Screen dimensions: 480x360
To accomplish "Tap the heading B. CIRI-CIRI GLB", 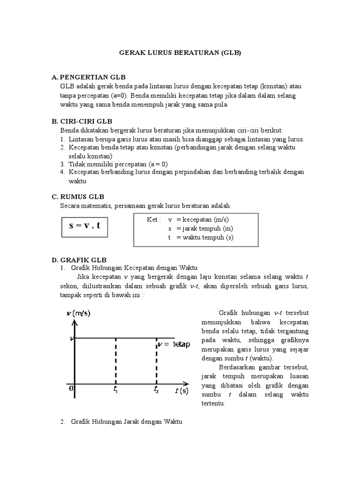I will coord(86,121).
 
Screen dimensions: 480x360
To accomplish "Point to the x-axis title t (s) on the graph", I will coord(182,390).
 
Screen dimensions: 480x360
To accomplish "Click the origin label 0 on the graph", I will coord(71,389).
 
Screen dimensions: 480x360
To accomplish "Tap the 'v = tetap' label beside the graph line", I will coord(174,345).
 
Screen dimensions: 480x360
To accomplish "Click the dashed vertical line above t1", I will coord(116,361).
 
